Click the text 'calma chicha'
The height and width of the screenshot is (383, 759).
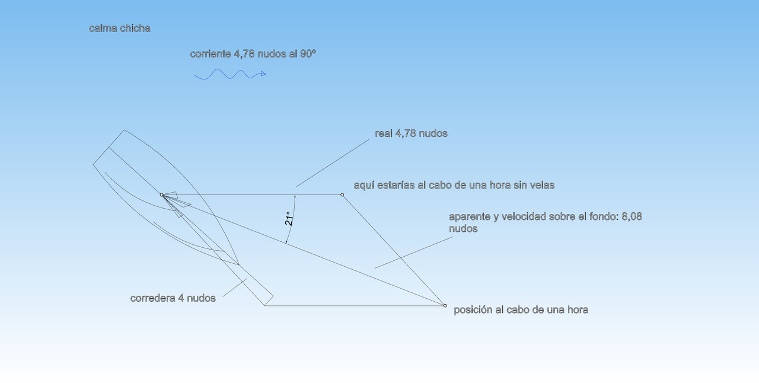(120, 28)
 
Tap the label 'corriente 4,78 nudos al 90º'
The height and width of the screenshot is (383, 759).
(253, 54)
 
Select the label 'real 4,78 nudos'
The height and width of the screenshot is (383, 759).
(411, 133)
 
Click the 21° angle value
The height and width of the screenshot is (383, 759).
(289, 219)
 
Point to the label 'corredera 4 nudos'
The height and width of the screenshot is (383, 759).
(173, 298)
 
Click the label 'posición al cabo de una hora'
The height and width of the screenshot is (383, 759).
(521, 309)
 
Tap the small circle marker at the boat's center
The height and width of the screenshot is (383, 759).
(161, 194)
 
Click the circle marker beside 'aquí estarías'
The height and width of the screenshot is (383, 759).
(342, 194)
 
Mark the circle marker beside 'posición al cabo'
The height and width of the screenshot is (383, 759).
(445, 305)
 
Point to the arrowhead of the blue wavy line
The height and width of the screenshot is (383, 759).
(263, 74)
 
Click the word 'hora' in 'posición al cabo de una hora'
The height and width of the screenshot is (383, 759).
(576, 309)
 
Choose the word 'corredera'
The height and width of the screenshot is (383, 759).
(153, 298)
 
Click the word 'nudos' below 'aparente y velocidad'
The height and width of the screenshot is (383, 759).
(463, 228)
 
